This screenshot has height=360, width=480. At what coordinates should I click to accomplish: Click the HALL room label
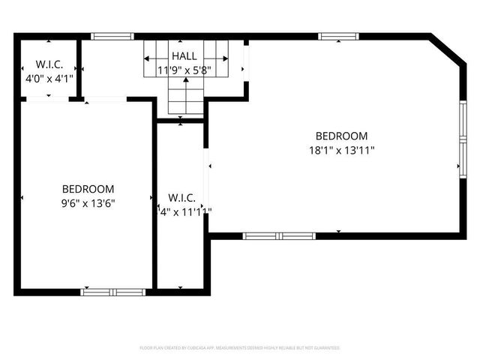184,56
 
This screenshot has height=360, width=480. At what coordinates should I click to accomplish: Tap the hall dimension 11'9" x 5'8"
184,70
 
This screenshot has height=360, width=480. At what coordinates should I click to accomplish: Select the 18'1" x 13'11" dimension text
341,150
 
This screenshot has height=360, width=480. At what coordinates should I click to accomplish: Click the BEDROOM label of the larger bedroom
341,136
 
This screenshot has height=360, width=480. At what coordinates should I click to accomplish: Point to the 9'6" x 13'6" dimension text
88,202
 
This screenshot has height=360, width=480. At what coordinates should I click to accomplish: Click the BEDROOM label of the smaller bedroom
88,189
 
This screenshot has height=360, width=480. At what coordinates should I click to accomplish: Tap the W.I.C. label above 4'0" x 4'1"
49,63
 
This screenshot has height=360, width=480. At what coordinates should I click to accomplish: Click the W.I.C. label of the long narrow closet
182,198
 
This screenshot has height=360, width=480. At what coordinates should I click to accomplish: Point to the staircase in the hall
184,94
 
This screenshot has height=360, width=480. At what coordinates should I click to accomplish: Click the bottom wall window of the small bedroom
113,292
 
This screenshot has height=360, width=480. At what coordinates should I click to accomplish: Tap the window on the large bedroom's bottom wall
279,235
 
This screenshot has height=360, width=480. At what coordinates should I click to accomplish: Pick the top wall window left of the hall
112,35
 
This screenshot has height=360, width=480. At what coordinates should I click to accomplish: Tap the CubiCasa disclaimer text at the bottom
240,348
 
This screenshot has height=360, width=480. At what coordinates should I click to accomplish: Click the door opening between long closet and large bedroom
206,180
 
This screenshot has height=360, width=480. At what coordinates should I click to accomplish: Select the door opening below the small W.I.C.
49,98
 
